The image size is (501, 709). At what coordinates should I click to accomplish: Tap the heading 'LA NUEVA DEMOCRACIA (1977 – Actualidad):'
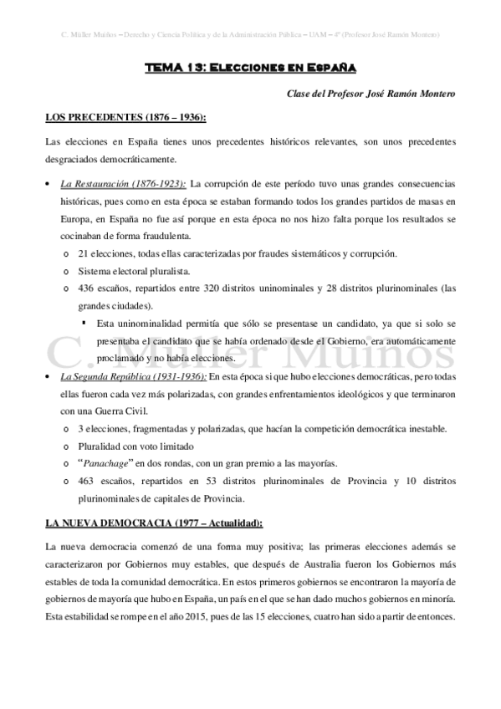click(153, 523)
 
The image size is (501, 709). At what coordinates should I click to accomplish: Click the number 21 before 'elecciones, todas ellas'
click(82, 252)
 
